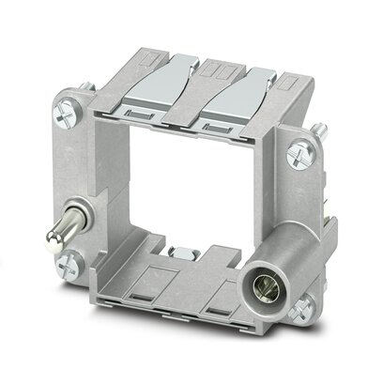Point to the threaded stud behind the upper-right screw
click(x=319, y=131)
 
